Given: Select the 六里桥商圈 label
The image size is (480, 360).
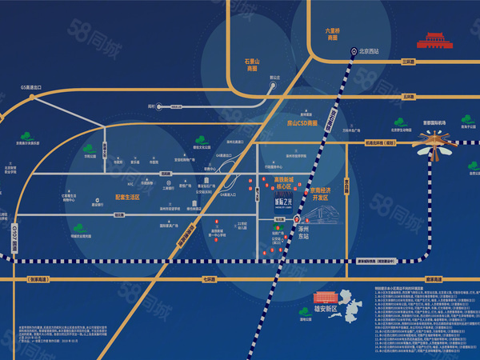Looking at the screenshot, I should (333, 34).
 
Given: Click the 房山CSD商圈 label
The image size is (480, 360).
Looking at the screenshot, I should (291, 123).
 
